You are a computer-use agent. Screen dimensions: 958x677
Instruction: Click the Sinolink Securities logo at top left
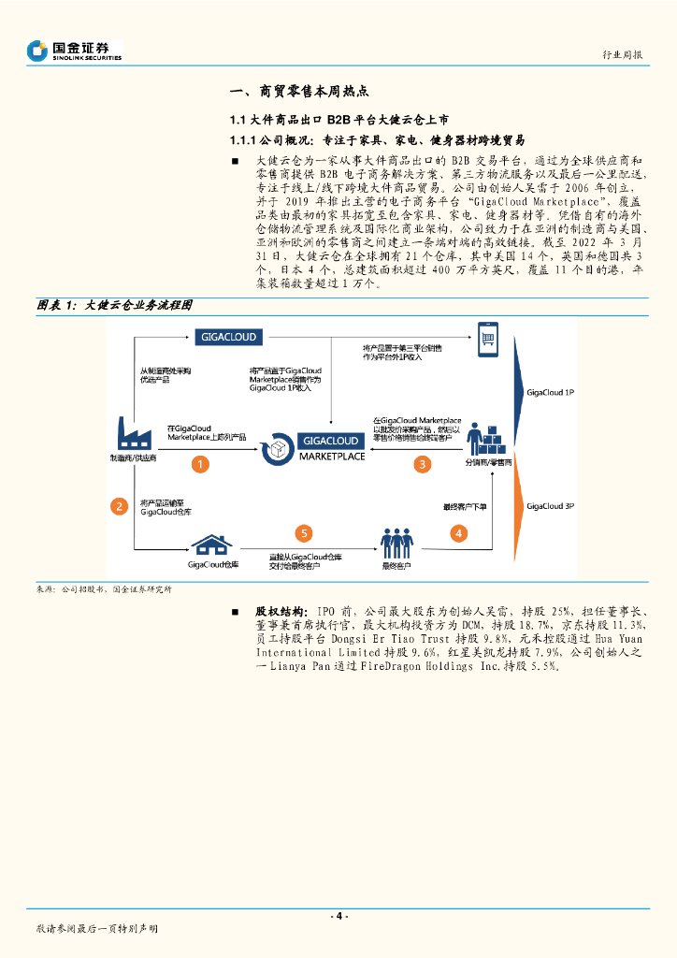click(x=75, y=50)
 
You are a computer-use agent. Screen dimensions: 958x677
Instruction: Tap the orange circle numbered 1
click(x=199, y=463)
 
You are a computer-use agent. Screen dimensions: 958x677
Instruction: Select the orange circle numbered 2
click(x=119, y=506)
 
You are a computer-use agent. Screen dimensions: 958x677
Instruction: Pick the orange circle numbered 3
click(x=423, y=463)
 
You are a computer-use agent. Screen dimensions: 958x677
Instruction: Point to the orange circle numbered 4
click(x=458, y=533)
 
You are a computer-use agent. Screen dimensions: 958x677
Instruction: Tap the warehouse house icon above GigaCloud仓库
click(x=212, y=544)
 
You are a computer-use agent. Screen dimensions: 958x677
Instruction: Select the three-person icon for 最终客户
click(x=396, y=543)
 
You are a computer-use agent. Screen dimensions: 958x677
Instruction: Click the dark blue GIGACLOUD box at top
click(x=228, y=337)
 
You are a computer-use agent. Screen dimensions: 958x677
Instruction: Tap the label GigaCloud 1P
click(x=550, y=394)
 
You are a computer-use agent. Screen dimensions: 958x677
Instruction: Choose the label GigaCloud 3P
click(x=550, y=506)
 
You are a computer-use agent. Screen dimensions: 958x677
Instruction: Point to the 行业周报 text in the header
click(x=621, y=55)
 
